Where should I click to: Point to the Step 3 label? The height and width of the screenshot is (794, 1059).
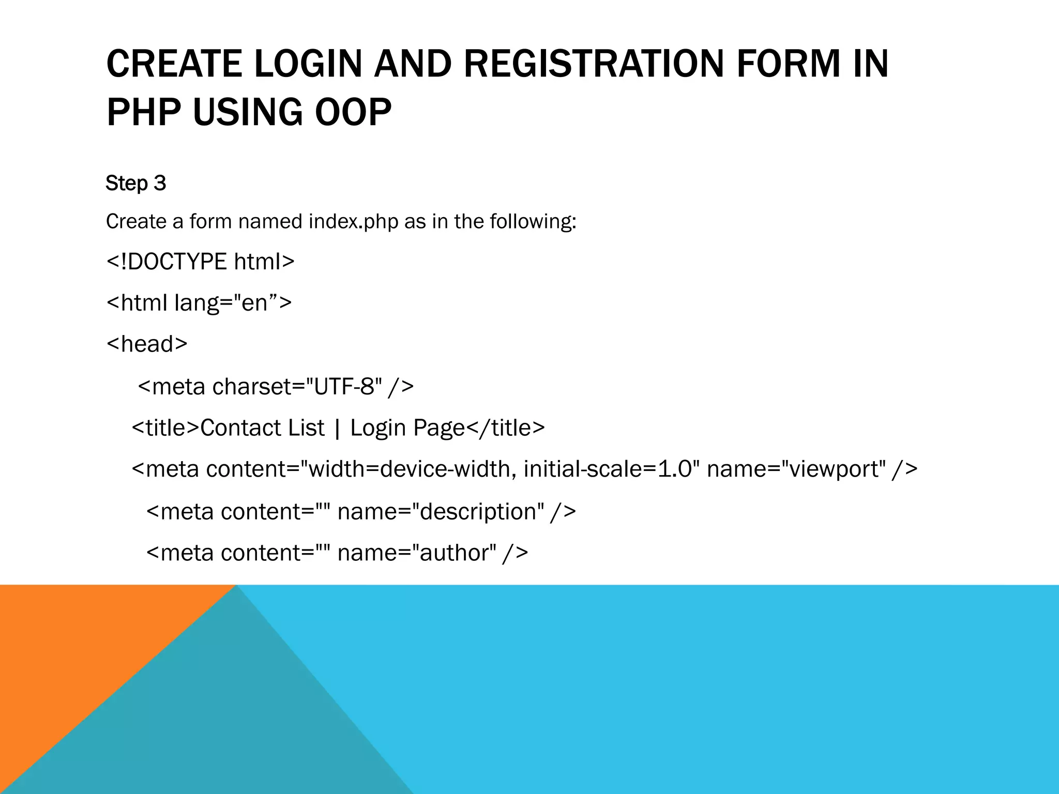(x=135, y=184)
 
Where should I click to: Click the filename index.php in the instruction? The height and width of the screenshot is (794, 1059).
(x=354, y=222)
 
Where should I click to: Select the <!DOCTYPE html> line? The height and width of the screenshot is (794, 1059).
(x=200, y=262)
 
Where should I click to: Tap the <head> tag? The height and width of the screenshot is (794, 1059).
(x=147, y=344)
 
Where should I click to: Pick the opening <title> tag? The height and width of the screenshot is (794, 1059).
(x=165, y=428)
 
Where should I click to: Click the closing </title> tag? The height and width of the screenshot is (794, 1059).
(x=506, y=428)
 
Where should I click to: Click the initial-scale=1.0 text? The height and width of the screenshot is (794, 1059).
(x=608, y=469)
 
